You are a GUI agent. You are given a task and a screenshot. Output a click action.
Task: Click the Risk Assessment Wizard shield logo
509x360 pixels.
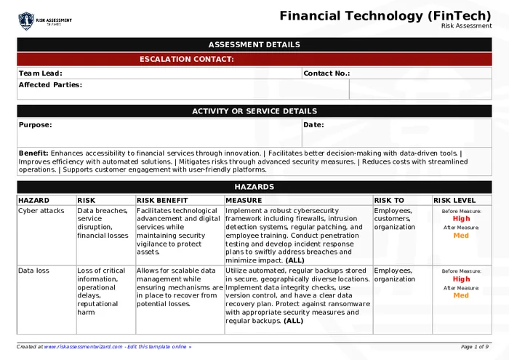26,20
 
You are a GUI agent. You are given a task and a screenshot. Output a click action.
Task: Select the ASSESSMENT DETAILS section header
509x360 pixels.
254,44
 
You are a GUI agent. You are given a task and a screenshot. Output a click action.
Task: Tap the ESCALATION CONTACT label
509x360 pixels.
187,59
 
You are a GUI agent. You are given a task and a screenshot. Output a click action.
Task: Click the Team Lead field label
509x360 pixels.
40,73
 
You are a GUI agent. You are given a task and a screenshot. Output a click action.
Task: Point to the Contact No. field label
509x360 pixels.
326,73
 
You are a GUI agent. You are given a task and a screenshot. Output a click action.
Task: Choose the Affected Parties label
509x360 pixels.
50,85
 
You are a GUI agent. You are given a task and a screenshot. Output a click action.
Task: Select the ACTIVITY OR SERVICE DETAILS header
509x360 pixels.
254,111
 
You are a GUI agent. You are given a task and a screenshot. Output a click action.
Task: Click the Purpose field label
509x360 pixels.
35,125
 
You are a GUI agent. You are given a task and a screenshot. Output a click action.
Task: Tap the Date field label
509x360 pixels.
313,125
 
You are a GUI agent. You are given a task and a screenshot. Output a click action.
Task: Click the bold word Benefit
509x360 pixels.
33,153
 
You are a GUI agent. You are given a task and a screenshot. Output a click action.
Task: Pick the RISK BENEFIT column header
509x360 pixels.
162,200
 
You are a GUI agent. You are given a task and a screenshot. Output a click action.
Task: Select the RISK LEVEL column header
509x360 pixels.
455,200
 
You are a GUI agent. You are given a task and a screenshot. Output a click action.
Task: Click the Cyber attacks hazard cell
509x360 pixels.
41,211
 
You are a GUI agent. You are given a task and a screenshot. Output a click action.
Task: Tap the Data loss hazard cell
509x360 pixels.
34,271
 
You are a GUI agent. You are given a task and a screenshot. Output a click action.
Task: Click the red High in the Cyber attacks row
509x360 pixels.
461,219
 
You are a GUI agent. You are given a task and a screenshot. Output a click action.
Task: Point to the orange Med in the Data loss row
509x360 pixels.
461,296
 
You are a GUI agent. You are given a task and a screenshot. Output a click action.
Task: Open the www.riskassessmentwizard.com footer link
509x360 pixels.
82,347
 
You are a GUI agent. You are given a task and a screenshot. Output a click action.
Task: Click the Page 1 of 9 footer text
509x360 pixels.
475,347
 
